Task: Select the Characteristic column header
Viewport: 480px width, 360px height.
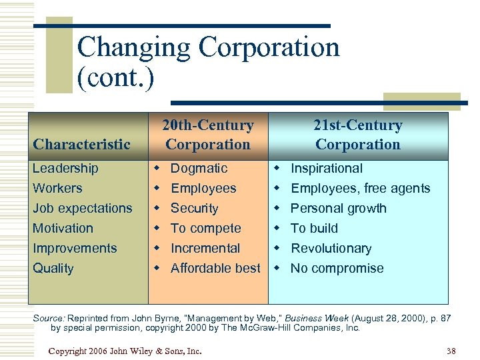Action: pyautogui.click(x=81, y=144)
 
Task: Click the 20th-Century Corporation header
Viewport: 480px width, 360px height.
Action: pyautogui.click(x=208, y=135)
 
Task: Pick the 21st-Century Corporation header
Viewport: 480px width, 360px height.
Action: pyautogui.click(x=358, y=135)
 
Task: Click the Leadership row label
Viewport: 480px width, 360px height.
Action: pyautogui.click(x=65, y=169)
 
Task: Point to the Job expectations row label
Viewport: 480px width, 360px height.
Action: pyautogui.click(x=83, y=208)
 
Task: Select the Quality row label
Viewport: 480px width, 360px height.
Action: pyautogui.click(x=53, y=268)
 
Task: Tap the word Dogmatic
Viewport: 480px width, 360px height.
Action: pyautogui.click(x=199, y=169)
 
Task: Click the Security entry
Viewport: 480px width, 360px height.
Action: pyautogui.click(x=194, y=208)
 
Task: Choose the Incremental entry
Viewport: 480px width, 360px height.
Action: pyautogui.click(x=205, y=248)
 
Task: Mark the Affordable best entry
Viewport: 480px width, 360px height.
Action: pyautogui.click(x=215, y=268)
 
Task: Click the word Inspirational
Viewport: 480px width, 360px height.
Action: pyautogui.click(x=327, y=169)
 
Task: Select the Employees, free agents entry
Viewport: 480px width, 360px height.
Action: pyautogui.click(x=360, y=189)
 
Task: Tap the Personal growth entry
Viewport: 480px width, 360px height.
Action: pyautogui.click(x=338, y=208)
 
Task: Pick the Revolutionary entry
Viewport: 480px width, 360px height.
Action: pyautogui.click(x=331, y=248)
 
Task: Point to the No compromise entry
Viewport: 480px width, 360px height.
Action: pyautogui.click(x=337, y=268)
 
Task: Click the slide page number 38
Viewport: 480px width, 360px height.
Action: pyautogui.click(x=451, y=351)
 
